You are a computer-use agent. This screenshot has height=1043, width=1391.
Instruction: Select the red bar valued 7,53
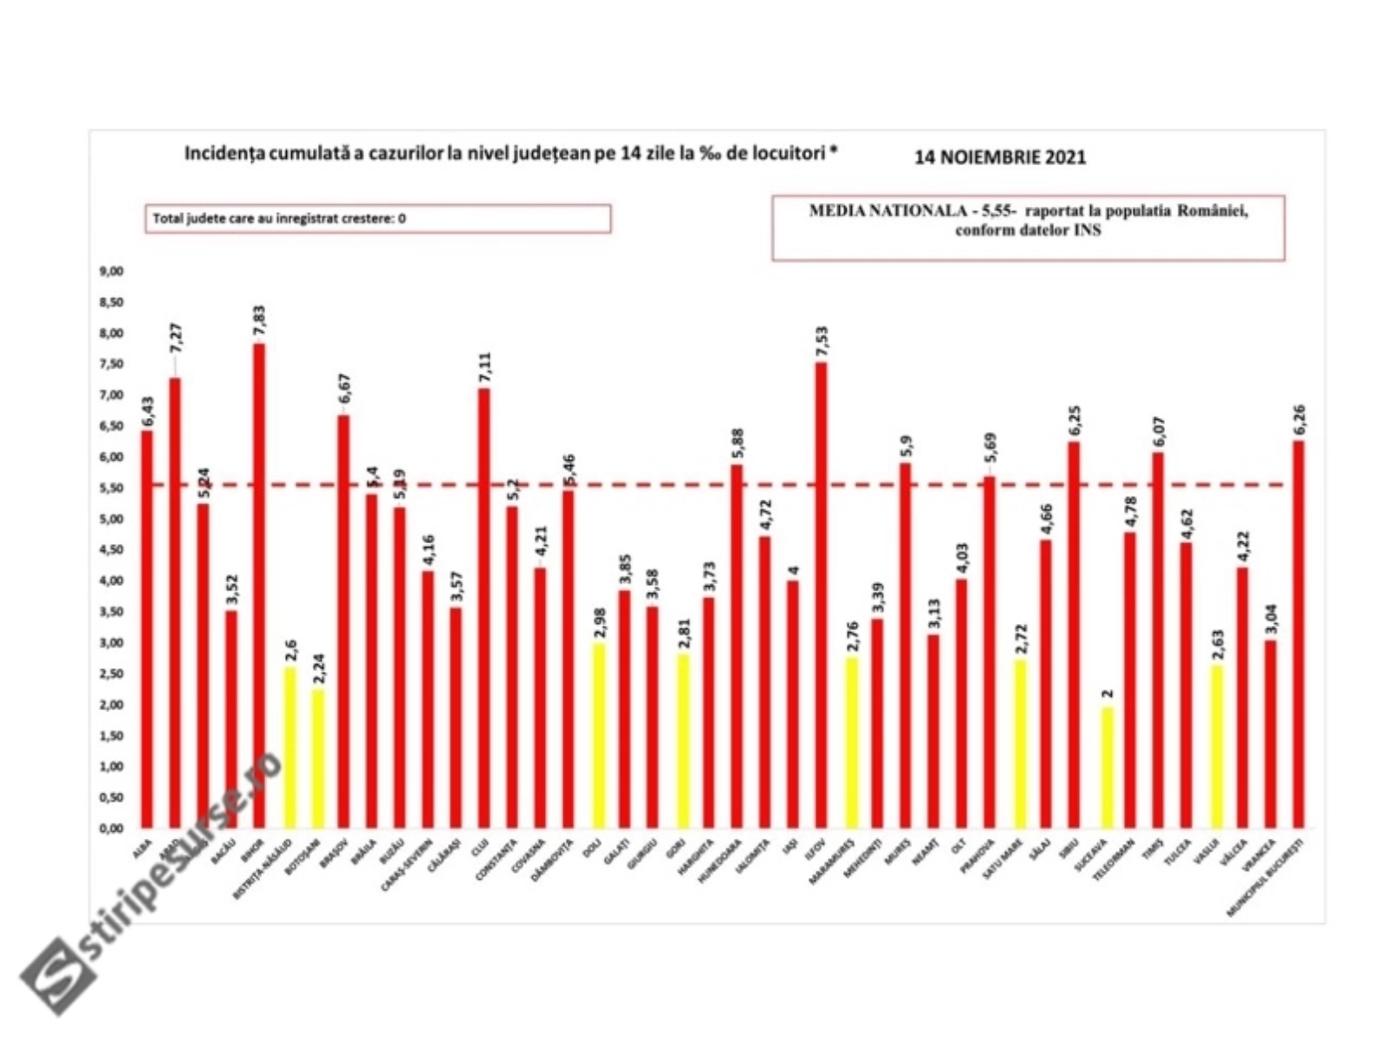click(x=821, y=595)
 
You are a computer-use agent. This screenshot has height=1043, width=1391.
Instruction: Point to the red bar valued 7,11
click(x=483, y=608)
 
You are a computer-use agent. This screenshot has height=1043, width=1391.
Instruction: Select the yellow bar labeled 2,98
click(x=598, y=735)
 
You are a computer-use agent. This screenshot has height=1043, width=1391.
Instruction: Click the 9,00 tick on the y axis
click(x=111, y=271)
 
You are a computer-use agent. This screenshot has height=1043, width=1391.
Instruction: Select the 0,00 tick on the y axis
click(x=111, y=828)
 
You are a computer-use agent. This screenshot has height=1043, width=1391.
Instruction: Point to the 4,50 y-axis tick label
click(x=111, y=550)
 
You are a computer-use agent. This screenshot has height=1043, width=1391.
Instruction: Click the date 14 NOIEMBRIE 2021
click(x=1000, y=157)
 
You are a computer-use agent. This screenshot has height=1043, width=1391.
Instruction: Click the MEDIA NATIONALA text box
click(x=1028, y=227)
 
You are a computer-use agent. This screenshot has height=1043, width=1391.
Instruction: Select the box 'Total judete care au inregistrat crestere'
click(x=377, y=218)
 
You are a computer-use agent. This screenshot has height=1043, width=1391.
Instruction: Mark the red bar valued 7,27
click(x=175, y=602)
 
